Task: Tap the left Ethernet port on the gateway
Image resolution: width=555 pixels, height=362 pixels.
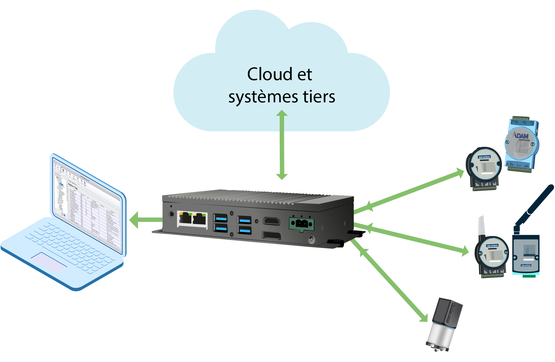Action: tap(185, 218)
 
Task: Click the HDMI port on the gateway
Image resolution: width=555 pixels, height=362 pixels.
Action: tap(271, 221)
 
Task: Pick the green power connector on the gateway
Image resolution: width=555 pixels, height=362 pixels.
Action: tap(301, 224)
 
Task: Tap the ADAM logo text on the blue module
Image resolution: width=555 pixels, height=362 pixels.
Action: tap(521, 136)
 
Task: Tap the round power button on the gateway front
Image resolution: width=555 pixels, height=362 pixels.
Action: tap(171, 213)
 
